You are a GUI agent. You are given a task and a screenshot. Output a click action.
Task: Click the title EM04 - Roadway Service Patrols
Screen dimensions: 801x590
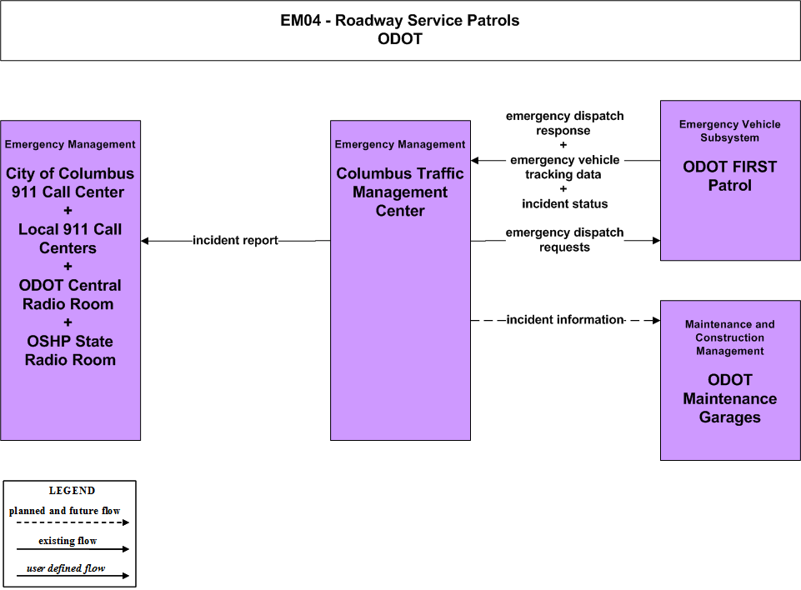399,21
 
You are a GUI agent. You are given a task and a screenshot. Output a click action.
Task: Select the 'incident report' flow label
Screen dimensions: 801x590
235,240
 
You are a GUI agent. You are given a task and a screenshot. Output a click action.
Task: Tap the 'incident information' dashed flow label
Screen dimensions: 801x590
565,320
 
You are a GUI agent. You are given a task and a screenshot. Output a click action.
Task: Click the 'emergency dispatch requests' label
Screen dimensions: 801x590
564,239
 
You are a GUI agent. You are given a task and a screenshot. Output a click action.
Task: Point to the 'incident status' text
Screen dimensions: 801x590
564,204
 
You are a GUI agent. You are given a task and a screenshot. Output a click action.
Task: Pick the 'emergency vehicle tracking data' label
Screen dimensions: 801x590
564,167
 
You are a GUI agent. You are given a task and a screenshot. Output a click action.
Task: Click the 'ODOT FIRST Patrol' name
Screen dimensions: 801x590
729,176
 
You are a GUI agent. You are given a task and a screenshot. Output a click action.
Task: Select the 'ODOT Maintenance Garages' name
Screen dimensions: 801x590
729,398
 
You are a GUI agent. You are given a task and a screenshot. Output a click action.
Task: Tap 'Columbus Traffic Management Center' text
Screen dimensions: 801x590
400,192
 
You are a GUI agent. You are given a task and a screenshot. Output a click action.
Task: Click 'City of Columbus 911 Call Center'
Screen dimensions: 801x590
70,182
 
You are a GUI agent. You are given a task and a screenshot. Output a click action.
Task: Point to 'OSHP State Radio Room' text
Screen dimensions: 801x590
70,351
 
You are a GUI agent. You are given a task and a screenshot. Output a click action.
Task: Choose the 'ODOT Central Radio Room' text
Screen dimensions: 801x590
70,294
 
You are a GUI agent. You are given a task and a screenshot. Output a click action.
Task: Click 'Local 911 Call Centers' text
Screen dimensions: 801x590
70,238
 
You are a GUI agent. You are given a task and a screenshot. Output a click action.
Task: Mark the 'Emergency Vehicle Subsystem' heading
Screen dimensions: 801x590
729,131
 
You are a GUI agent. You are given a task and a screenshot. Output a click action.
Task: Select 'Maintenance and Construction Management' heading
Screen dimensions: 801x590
729,337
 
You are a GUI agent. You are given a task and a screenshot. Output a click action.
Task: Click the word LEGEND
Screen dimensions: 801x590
72,490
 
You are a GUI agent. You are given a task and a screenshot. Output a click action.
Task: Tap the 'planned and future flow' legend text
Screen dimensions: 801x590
64,510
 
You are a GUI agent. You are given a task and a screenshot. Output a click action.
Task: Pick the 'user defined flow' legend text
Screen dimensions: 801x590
66,568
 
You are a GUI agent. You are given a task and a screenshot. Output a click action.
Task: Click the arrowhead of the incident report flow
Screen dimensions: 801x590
144,241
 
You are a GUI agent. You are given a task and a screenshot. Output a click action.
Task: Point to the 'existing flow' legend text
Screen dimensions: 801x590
68,541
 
